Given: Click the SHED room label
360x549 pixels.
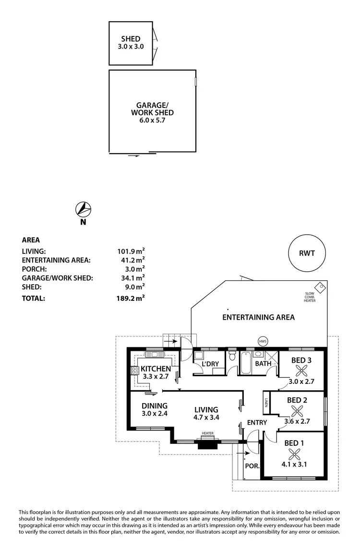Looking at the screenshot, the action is click(x=131, y=39).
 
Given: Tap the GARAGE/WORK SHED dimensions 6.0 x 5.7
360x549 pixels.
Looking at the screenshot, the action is click(x=152, y=120).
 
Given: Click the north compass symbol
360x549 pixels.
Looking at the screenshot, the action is click(x=84, y=209).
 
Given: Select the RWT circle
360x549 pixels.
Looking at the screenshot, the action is click(x=307, y=253).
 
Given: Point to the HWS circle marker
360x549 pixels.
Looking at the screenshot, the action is click(x=263, y=341).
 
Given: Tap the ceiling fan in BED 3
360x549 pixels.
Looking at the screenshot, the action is click(x=301, y=370).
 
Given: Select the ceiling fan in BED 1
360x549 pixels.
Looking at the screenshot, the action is click(x=294, y=454).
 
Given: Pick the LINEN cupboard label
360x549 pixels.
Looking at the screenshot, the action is click(x=266, y=403).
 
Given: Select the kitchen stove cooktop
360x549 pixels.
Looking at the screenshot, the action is click(x=135, y=370).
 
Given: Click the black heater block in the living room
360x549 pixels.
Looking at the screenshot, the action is click(x=208, y=444).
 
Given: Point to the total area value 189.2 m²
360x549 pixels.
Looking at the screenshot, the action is click(x=131, y=298).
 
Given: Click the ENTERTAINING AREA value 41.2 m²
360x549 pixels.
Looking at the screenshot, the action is click(x=133, y=260).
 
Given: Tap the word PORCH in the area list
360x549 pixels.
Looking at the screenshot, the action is click(x=34, y=269).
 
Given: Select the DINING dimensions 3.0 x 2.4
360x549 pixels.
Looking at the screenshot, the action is click(x=155, y=414).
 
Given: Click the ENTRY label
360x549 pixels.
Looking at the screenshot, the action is click(x=257, y=423).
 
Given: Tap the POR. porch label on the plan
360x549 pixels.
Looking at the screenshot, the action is click(x=252, y=466).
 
